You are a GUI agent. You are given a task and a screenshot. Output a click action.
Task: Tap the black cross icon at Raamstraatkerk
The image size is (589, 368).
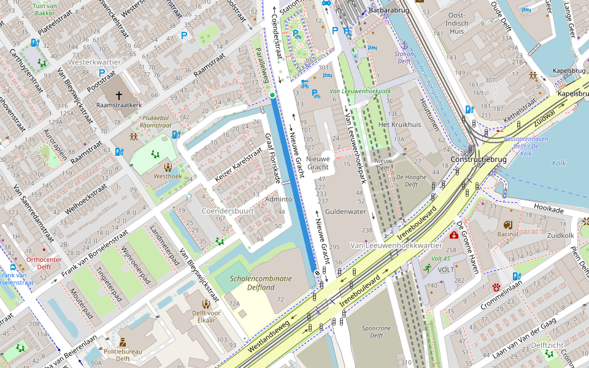(119, 95)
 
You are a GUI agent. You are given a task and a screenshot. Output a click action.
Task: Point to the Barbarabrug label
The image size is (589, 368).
(393, 10)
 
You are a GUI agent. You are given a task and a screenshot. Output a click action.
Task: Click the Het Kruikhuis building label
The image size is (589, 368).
(400, 125)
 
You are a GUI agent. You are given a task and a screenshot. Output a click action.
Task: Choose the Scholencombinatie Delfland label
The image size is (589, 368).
(260, 283)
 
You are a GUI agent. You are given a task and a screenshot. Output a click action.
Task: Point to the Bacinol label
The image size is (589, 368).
(507, 234)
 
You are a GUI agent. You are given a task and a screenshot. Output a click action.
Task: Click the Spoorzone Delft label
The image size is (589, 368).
(377, 332)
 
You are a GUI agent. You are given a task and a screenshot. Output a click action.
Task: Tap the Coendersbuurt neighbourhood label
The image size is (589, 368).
(228, 211)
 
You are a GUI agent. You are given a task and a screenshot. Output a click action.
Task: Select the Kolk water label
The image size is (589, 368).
(558, 163)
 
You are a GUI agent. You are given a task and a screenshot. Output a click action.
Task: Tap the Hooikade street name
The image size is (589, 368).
(548, 209)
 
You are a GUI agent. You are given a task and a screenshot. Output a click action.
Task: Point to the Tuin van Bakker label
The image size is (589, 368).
(44, 9)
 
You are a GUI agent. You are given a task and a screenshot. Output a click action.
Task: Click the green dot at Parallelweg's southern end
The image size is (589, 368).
(272, 95)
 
